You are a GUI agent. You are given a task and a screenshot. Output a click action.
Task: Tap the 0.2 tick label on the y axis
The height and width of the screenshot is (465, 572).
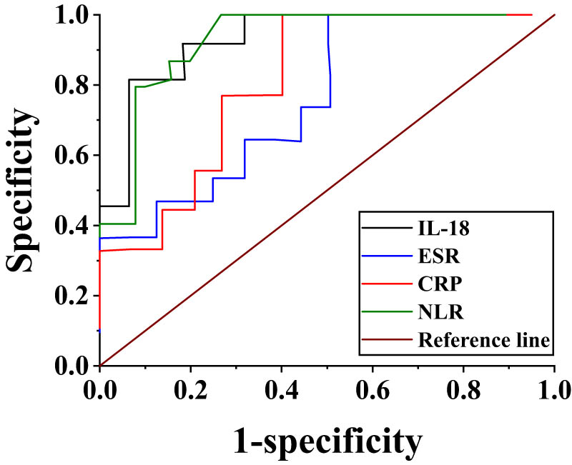coord(73,295)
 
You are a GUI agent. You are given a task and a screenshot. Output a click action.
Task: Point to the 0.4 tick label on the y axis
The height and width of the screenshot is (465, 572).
coord(73,225)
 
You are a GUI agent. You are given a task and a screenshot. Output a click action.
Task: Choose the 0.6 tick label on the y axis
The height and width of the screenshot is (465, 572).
coord(73,155)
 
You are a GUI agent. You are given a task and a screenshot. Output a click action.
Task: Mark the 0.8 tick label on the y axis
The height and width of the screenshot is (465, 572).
coord(73,85)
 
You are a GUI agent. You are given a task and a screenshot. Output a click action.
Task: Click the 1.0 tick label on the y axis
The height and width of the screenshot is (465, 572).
coord(73,15)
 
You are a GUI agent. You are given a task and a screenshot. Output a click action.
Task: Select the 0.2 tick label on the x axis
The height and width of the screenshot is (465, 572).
coord(190,391)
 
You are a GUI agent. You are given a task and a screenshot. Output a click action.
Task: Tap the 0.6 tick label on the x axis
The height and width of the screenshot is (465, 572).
coord(373,391)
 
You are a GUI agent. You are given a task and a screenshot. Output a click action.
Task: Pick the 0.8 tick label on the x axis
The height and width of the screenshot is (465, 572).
coord(463,391)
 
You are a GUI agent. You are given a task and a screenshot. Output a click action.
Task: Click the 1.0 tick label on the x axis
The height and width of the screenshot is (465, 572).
coord(554,391)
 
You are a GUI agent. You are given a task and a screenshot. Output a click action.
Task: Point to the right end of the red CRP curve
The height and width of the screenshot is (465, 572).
coord(531,14)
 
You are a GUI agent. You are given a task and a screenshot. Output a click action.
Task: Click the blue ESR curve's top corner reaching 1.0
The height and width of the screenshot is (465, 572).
coord(328,15)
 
